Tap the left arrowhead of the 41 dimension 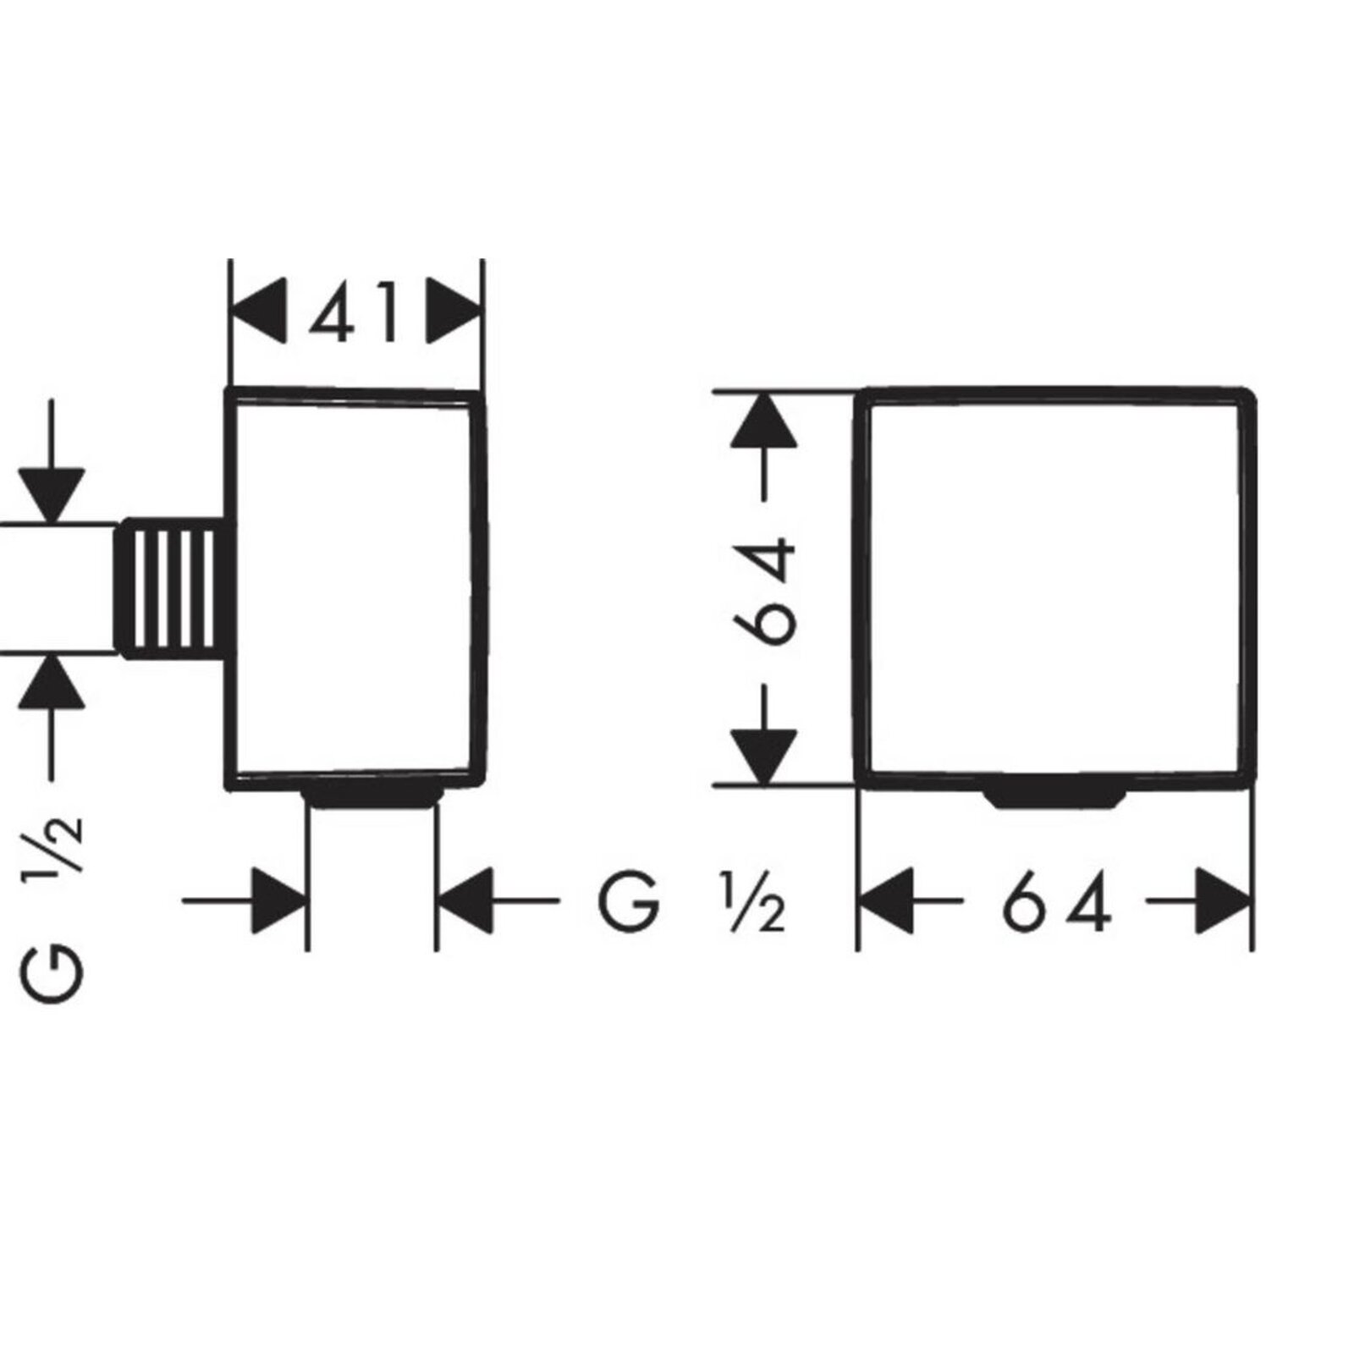(257, 311)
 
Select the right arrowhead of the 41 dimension (454, 311)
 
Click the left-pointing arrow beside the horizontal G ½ (500, 901)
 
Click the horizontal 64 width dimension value (1055, 901)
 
